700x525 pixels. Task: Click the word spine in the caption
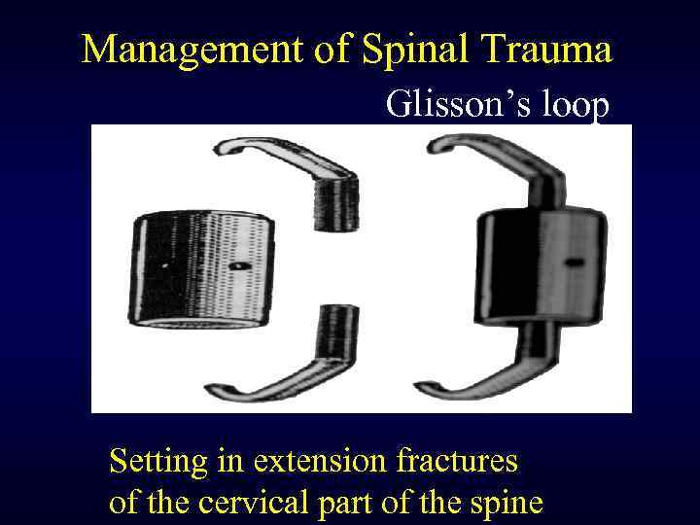pos(503,503)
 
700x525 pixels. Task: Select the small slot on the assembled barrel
pos(575,262)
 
